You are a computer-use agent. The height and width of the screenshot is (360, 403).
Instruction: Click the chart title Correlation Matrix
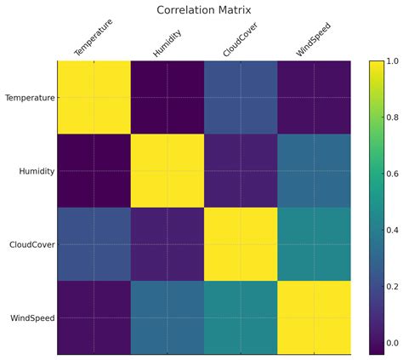(204, 10)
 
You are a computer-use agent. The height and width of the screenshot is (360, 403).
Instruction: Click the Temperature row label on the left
(30, 98)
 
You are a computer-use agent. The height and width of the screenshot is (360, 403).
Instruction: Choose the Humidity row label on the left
(37, 171)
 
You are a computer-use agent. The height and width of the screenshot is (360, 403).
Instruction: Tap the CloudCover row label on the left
(33, 244)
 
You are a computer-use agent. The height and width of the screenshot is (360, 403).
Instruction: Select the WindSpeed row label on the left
(33, 317)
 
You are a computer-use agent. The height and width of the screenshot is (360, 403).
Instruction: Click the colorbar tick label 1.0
(392, 61)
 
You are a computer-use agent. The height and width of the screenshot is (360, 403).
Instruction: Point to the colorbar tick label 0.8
(392, 117)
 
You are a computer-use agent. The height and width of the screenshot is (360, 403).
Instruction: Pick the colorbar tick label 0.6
(392, 174)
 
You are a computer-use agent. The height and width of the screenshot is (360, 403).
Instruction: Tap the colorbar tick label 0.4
(392, 231)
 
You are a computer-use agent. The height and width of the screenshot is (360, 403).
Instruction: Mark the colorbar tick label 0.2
(392, 287)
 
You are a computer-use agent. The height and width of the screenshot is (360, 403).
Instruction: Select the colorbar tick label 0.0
(392, 343)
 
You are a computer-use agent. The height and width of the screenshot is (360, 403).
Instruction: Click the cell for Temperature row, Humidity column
(167, 98)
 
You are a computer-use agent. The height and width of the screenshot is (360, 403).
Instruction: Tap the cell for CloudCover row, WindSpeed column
(314, 244)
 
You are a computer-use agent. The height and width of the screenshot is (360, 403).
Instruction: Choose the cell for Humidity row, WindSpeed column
(314, 171)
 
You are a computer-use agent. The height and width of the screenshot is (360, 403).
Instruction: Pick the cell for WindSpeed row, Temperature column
(94, 317)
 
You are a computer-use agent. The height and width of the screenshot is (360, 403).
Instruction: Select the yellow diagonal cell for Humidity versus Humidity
(167, 171)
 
